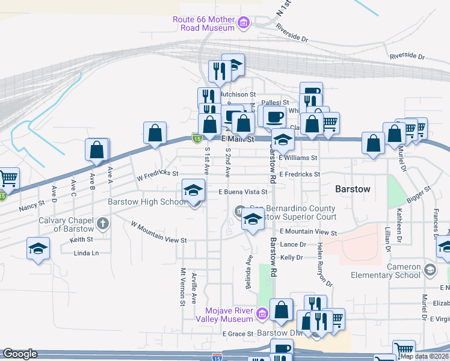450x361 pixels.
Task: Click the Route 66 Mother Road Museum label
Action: (203, 23)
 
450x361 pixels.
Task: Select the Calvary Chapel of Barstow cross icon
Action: (103, 224)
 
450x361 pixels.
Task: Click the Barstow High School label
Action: (147, 202)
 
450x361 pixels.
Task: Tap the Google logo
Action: (20, 354)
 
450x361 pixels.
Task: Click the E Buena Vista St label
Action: (242, 192)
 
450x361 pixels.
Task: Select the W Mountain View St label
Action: (159, 232)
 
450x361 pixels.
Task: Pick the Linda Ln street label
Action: (86, 253)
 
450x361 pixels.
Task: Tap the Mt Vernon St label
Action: (182, 286)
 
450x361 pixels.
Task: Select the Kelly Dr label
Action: (291, 257)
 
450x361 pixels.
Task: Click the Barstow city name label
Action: (353, 189)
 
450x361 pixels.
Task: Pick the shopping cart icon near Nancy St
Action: (7, 178)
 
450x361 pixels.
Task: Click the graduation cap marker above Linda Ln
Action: (37, 248)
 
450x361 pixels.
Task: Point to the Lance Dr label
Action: (293, 244)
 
